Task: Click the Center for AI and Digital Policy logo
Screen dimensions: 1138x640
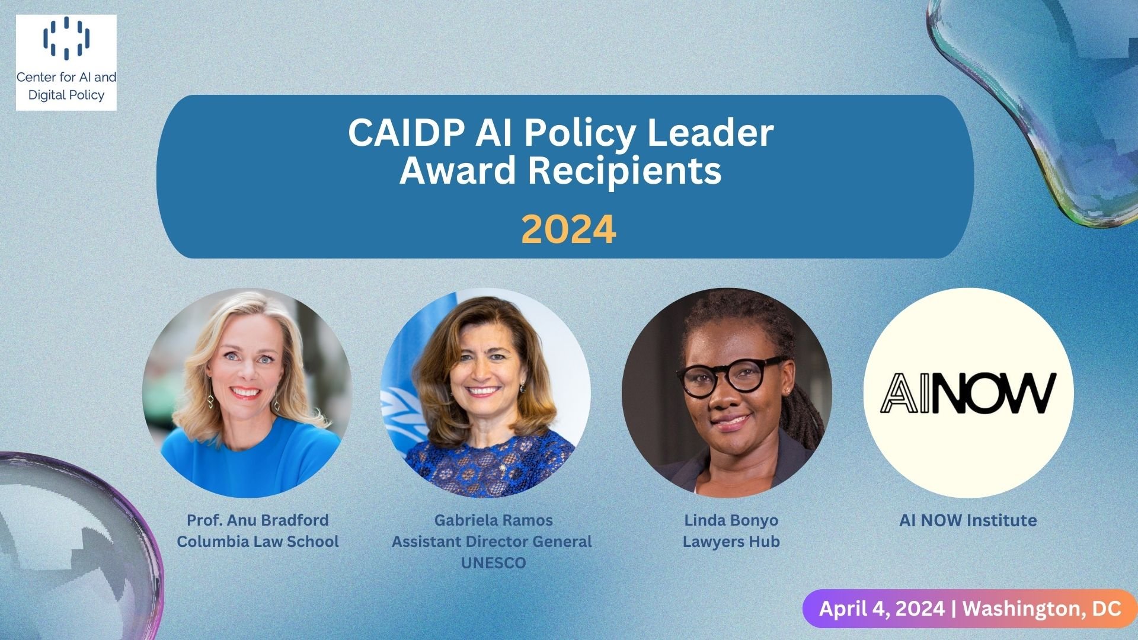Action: tap(66, 62)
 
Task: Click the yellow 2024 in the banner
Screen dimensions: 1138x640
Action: tap(568, 229)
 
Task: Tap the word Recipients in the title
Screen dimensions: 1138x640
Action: tap(624, 171)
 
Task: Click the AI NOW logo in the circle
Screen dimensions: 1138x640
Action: tap(968, 393)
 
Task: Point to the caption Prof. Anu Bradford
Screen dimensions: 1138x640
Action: tap(258, 520)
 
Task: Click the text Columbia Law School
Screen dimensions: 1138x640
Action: tap(258, 541)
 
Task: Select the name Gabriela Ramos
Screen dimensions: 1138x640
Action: tap(493, 520)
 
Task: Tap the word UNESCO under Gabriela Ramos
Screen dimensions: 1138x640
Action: tap(493, 562)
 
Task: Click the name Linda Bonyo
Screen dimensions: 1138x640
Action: tap(731, 520)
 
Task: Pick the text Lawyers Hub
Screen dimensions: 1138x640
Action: tap(731, 541)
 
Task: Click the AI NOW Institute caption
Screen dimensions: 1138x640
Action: tap(968, 520)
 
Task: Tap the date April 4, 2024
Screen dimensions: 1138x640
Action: tap(882, 609)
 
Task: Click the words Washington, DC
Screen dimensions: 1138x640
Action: tap(1041, 609)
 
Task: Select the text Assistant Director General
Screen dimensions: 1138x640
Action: tap(492, 541)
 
